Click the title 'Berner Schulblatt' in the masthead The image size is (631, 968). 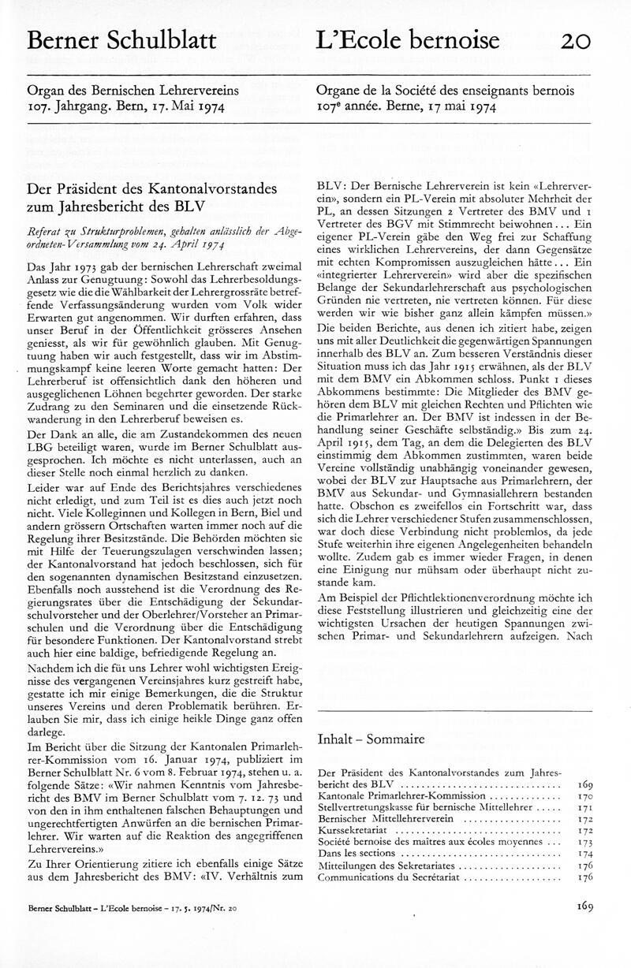point(121,40)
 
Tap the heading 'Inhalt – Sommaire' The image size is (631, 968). point(371,739)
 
